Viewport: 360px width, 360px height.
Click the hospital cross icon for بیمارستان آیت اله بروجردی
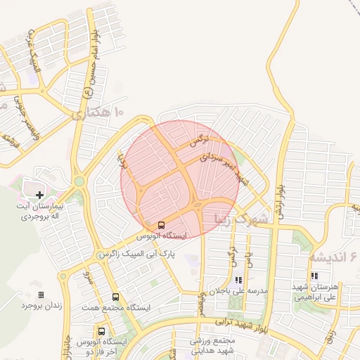click(x=39, y=194)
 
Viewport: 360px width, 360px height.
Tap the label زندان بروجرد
click(x=37, y=305)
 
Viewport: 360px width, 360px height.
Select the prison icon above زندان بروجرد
click(x=41, y=295)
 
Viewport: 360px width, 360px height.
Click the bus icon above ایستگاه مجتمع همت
click(x=115, y=297)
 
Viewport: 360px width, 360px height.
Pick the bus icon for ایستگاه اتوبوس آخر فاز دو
click(x=102, y=331)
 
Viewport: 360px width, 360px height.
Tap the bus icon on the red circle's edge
click(x=162, y=225)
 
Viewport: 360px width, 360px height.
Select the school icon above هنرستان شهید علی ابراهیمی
click(x=314, y=276)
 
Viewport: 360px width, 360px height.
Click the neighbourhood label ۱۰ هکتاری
click(x=98, y=112)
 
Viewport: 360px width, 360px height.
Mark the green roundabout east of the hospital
click(x=79, y=181)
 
